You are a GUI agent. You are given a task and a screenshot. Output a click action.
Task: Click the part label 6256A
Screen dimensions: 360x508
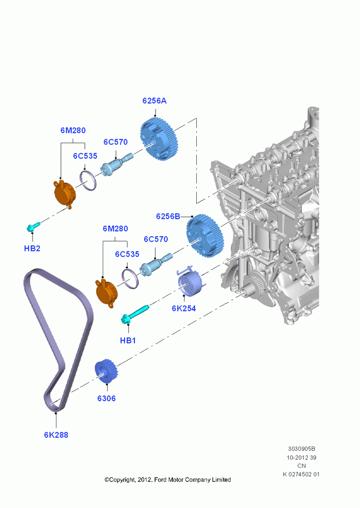click(x=155, y=101)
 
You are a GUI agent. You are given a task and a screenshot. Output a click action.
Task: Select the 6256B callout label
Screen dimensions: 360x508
click(x=168, y=216)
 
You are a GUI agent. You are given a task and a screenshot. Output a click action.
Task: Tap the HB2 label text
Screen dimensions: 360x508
click(x=32, y=248)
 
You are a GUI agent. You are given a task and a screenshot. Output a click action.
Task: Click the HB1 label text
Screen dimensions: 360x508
click(x=128, y=340)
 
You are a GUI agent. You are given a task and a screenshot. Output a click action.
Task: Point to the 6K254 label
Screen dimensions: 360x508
click(x=184, y=308)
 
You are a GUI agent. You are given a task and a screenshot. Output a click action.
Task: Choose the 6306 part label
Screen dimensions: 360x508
click(x=106, y=398)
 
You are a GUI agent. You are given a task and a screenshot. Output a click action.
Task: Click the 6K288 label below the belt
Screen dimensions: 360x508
click(x=56, y=435)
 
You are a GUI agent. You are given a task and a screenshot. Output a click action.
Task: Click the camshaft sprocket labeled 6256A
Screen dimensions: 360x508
click(x=159, y=141)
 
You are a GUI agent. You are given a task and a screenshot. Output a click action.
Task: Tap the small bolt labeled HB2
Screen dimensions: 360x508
click(x=33, y=226)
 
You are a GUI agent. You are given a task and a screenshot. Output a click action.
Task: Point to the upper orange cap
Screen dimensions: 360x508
click(x=64, y=194)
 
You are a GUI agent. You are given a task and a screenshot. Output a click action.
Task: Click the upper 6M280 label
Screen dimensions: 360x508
click(x=73, y=131)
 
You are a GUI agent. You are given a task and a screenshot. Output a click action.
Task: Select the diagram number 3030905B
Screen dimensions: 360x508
click(x=302, y=449)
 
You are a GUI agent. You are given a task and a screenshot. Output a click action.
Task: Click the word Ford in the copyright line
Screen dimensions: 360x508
click(x=161, y=480)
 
